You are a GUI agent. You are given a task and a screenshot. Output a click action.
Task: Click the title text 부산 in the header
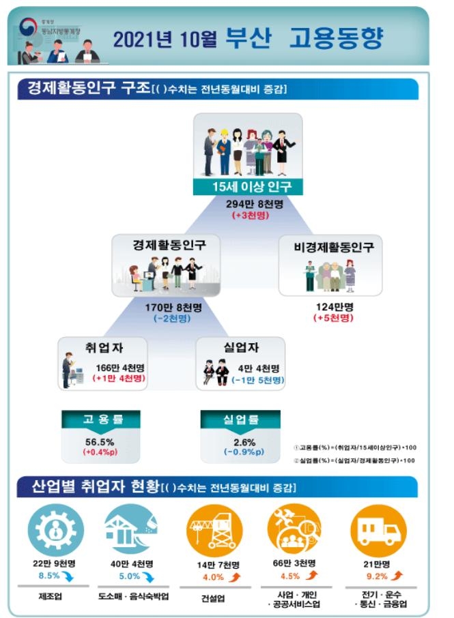[248, 38]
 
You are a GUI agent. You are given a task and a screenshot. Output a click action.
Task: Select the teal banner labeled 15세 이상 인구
[247, 188]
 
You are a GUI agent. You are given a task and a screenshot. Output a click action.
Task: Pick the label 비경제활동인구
[330, 246]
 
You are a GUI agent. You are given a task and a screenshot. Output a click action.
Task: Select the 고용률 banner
[102, 419]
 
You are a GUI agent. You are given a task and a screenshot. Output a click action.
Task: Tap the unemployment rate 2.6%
[240, 441]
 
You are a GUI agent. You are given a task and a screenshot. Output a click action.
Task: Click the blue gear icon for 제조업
[57, 529]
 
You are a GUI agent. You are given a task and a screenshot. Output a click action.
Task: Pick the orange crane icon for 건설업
[213, 529]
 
